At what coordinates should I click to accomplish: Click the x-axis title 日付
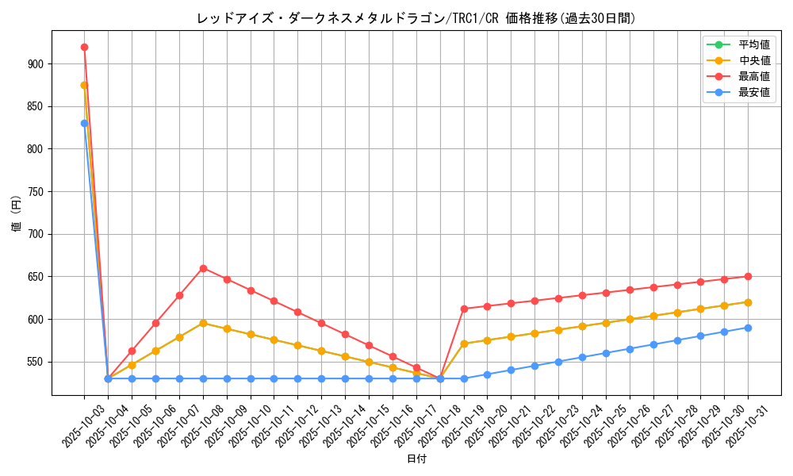tap(416, 459)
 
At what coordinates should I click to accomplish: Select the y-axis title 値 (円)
tap(17, 213)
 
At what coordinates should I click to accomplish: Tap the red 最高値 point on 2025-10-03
tap(84, 47)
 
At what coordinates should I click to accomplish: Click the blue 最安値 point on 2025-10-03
tap(84, 123)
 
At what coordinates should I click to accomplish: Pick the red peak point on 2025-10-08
tap(203, 268)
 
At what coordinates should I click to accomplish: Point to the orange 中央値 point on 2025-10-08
tap(203, 323)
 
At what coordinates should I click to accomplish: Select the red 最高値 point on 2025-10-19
tap(464, 309)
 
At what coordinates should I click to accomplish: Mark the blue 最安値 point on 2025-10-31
tap(748, 328)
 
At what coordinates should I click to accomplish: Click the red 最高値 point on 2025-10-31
tap(748, 276)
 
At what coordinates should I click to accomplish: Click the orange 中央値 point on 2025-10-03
tap(84, 85)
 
